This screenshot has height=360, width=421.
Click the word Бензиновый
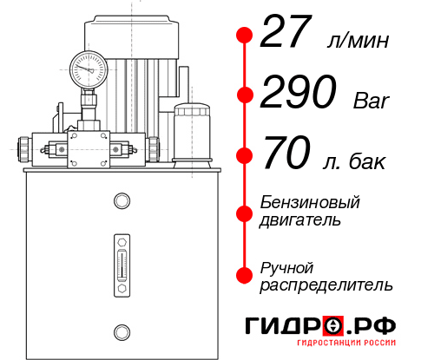[310, 202]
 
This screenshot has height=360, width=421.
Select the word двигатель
[300, 220]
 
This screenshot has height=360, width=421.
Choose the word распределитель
[327, 285]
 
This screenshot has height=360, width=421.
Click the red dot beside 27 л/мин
[245, 36]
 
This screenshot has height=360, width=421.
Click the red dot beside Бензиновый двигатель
[245, 212]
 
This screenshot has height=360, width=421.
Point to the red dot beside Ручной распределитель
[245, 274]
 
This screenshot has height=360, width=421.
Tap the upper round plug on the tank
[121, 202]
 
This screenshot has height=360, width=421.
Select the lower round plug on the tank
[121, 331]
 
